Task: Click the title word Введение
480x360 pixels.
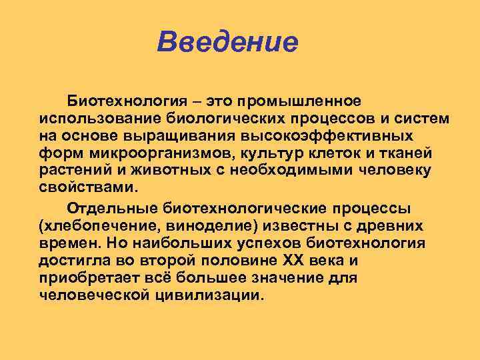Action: [x=227, y=43]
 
